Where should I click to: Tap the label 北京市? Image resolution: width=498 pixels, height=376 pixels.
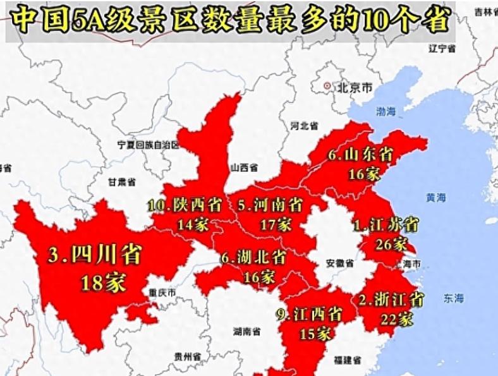click(355, 87)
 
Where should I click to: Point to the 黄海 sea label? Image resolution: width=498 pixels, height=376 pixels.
click(435, 198)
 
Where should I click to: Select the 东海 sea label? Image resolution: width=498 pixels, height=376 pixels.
click(453, 298)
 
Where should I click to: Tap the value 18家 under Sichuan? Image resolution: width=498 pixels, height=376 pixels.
click(103, 282)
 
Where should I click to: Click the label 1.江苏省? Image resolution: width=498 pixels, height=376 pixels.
click(385, 224)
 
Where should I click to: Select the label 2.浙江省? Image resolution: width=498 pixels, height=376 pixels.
click(391, 300)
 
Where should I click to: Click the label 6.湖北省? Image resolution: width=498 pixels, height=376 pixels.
click(253, 258)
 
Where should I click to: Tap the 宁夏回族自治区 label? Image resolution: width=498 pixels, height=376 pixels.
click(149, 145)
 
